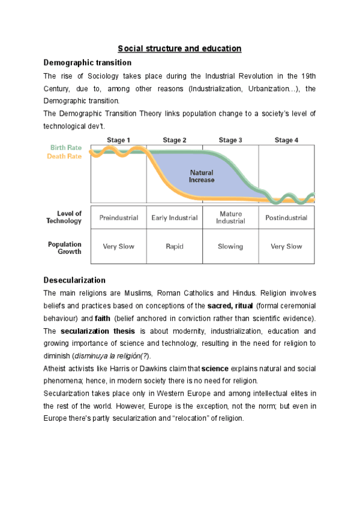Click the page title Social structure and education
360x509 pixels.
point(179,48)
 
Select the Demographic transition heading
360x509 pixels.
point(88,62)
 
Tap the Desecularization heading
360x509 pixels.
point(75,280)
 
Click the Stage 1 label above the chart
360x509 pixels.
point(119,140)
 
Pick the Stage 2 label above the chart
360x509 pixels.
point(175,140)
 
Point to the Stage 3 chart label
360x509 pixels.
point(230,140)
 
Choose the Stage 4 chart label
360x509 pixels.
point(286,140)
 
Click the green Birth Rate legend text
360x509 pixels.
point(66,148)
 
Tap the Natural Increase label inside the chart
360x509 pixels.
point(202,176)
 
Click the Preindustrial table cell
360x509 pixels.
point(119,218)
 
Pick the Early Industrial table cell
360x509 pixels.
point(175,218)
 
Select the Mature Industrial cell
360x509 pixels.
point(231,217)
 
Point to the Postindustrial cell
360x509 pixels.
point(286,218)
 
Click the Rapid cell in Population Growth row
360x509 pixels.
point(175,246)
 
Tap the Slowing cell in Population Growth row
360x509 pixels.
point(230,246)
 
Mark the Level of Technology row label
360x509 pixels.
point(65,217)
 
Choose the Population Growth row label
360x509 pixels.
point(65,248)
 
